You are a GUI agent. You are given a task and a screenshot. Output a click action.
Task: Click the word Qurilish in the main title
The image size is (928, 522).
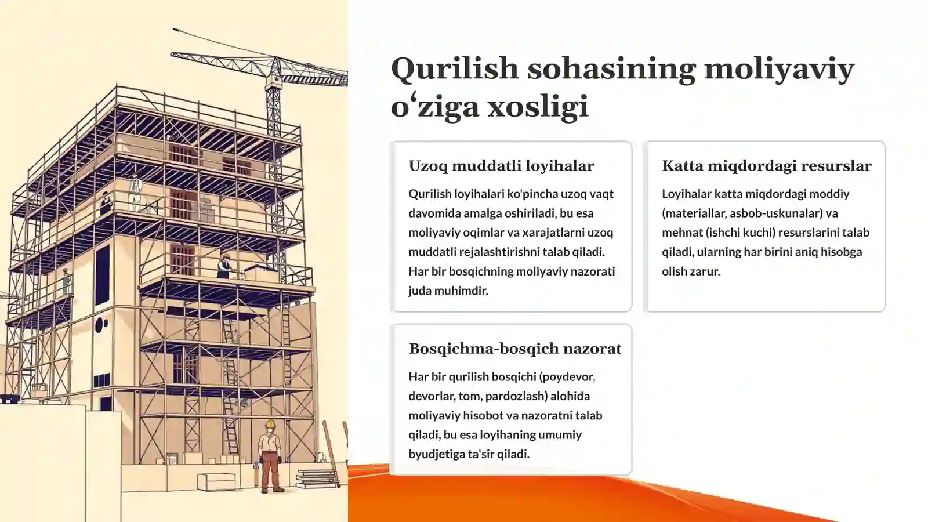tap(455, 68)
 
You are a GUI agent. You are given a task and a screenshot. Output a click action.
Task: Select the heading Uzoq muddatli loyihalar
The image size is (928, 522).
tap(501, 166)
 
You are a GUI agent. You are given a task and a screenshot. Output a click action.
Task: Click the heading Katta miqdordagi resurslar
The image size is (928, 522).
tap(766, 166)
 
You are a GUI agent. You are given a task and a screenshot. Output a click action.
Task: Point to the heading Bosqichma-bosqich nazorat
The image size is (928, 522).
tap(514, 349)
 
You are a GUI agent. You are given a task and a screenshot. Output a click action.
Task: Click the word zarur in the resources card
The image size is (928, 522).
tap(705, 271)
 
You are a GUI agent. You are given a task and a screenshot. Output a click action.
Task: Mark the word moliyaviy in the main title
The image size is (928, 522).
tap(778, 68)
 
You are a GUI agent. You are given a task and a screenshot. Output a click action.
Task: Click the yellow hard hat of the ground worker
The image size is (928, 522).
tap(270, 425)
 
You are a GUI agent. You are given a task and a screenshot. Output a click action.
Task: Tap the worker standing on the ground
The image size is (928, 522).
tap(270, 458)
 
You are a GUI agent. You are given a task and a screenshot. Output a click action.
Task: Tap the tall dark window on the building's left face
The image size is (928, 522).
tap(102, 275)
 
